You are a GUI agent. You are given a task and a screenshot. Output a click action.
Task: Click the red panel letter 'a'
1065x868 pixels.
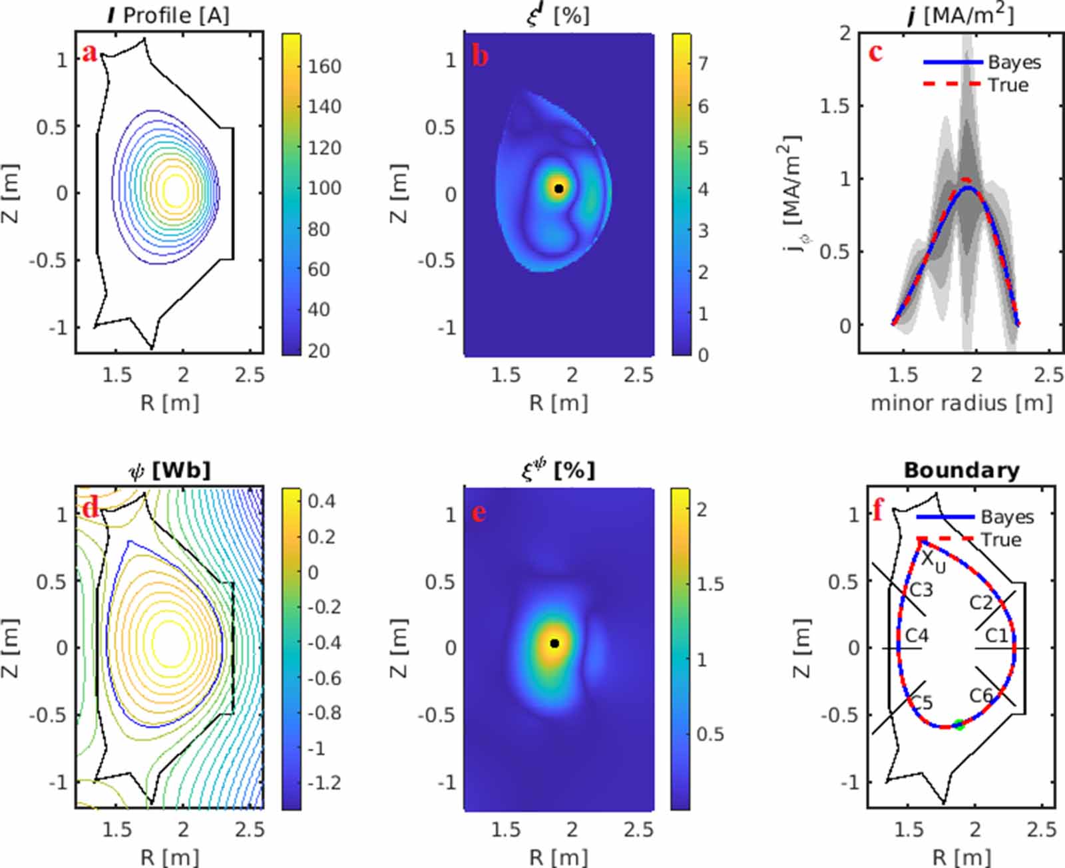click(x=89, y=53)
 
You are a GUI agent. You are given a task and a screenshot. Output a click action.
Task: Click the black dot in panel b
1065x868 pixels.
click(x=559, y=189)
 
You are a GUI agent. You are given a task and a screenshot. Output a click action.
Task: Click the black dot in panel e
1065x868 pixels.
click(x=554, y=644)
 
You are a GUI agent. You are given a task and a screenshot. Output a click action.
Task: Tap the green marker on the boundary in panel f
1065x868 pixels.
click(x=958, y=725)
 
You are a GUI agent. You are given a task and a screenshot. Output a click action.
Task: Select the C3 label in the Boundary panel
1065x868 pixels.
click(x=921, y=590)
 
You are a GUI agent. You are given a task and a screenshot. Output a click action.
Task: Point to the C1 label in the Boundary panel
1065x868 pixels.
click(x=996, y=636)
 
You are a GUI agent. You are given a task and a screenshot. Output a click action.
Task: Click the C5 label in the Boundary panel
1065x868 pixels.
click(x=921, y=702)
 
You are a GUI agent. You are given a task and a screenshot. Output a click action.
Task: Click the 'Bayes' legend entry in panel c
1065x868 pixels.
click(x=1014, y=63)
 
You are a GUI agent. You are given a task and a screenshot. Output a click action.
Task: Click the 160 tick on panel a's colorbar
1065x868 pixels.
click(x=324, y=67)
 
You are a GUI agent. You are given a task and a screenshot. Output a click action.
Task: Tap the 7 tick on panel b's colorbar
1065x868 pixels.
click(x=703, y=64)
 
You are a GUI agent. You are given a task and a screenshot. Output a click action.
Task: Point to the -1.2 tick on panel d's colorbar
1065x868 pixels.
click(x=325, y=783)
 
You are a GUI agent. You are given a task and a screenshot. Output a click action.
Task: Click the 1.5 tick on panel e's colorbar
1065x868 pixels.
click(x=710, y=584)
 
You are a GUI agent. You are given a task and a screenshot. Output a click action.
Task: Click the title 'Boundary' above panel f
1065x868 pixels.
click(x=961, y=471)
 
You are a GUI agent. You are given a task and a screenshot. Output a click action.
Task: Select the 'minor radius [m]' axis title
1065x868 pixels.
click(x=962, y=403)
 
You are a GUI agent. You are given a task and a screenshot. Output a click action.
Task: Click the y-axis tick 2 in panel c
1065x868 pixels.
click(x=845, y=33)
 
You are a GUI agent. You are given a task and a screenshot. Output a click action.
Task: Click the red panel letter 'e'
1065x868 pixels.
click(x=478, y=513)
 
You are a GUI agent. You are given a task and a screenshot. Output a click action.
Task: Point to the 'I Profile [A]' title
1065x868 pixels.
click(x=168, y=15)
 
